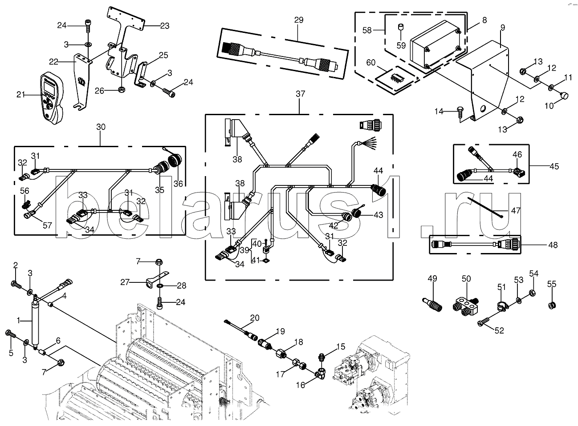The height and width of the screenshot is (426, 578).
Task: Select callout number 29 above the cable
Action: [298, 20]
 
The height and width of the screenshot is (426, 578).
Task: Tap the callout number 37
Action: [301, 94]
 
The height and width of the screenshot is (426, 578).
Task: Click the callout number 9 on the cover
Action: [503, 28]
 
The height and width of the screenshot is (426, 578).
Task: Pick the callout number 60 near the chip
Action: [370, 63]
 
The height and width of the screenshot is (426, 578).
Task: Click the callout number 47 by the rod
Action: [515, 211]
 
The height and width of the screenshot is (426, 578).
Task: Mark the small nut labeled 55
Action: [552, 305]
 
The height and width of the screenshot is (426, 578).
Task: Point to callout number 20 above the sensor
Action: [254, 317]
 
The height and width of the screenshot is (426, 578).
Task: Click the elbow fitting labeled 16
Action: [321, 375]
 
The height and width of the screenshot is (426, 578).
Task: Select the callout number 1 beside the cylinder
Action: [19, 320]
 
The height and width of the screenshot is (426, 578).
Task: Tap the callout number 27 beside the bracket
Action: [125, 282]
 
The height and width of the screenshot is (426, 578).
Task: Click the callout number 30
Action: [101, 127]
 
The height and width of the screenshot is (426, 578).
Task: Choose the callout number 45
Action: [554, 167]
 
